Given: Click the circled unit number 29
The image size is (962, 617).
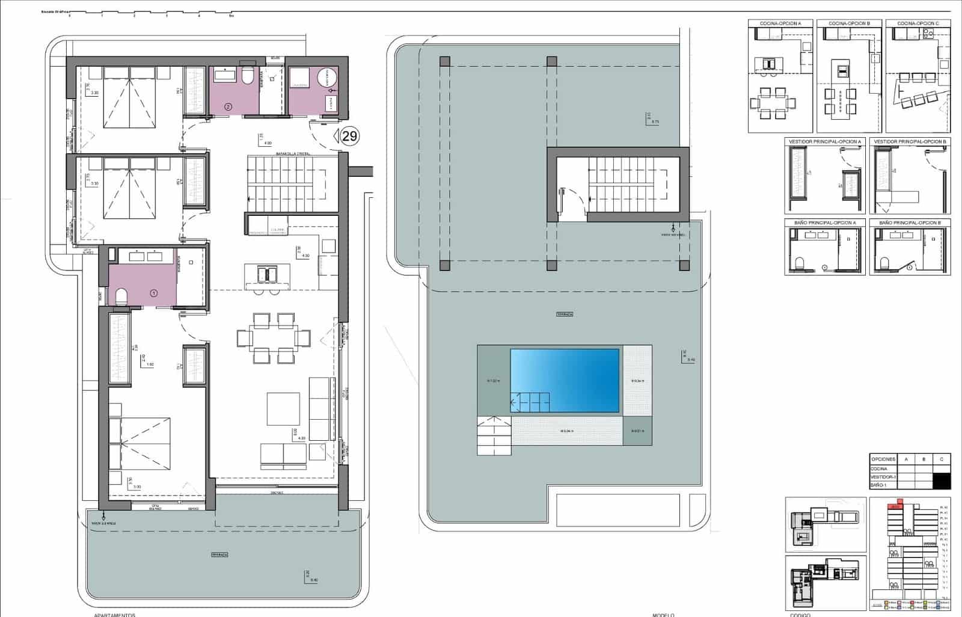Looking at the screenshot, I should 349,136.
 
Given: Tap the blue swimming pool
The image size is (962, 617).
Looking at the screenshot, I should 565,381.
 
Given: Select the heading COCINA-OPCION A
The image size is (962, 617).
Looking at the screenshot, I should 780,23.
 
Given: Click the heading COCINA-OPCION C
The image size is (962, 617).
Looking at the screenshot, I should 918,23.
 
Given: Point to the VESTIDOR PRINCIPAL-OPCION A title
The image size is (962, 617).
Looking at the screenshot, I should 825,142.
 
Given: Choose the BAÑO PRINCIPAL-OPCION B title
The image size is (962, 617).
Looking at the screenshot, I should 909,223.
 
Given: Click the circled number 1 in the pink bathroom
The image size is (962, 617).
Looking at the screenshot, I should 153,293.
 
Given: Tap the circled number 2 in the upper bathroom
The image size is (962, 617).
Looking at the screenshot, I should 228,106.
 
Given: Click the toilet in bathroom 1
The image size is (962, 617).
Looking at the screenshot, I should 121,295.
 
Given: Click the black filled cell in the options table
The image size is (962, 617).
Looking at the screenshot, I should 942,481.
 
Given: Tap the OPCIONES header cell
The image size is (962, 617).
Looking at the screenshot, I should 883,459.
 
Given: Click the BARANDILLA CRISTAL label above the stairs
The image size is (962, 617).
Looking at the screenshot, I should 293,154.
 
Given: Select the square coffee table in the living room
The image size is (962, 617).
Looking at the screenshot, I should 283,409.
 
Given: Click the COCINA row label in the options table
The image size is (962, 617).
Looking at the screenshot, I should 879,468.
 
